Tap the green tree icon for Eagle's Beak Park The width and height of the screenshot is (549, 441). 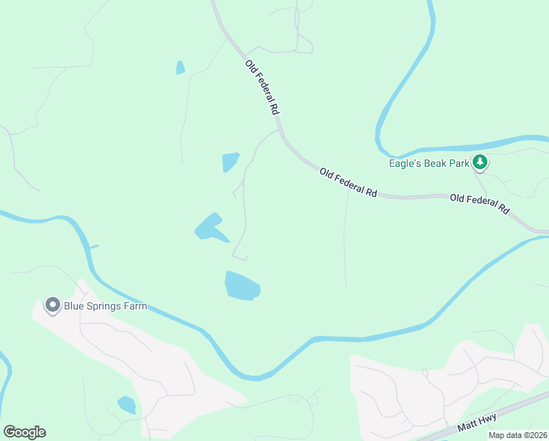[480, 162]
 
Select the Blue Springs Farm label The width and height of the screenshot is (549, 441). [106, 306]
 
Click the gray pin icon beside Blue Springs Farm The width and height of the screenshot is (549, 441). [52, 305]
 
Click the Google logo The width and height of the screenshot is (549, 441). [24, 432]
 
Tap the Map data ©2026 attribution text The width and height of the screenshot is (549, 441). [517, 435]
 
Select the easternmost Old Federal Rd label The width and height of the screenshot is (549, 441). [479, 204]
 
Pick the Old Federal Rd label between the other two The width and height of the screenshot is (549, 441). [348, 182]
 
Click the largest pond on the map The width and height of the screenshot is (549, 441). [242, 286]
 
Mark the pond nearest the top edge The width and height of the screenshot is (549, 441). [180, 68]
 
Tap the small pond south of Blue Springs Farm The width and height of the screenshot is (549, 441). [127, 405]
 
